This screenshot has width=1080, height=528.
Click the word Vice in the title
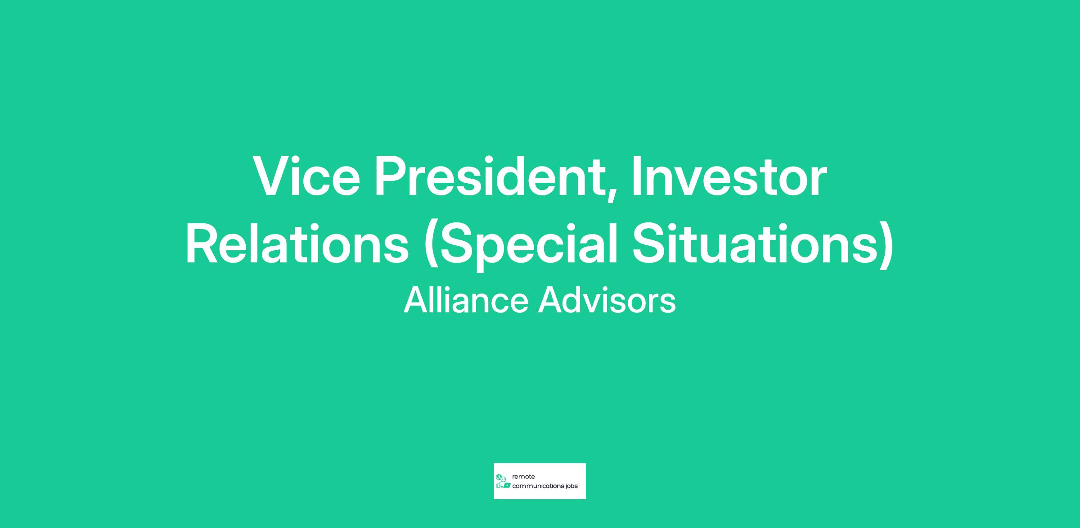(307, 176)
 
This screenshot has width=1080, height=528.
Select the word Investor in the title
(729, 176)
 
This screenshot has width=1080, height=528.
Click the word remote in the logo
(523, 477)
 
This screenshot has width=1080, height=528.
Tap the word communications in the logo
(538, 486)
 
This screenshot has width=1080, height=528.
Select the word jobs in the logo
(571, 487)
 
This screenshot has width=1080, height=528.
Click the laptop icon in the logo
(507, 486)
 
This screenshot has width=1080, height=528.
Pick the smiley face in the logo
(503, 479)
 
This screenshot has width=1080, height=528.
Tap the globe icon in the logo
(499, 477)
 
